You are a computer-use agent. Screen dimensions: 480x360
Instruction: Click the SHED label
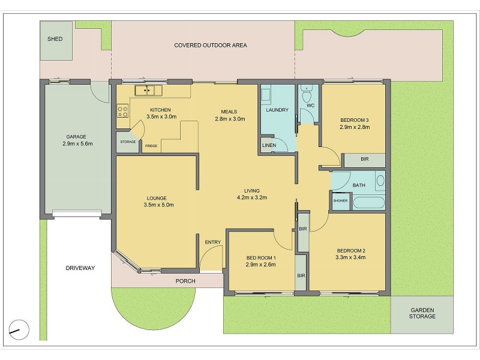(x=55, y=39)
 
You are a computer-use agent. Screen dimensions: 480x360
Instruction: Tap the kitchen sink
(x=148, y=91)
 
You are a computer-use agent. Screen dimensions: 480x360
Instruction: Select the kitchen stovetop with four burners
(x=123, y=111)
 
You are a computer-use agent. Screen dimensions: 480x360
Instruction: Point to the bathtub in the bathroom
(x=368, y=202)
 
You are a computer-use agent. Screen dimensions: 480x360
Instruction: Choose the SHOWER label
(x=340, y=201)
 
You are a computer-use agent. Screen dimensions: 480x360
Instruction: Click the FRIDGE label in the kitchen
(x=151, y=146)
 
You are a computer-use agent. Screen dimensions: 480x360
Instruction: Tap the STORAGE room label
(x=128, y=142)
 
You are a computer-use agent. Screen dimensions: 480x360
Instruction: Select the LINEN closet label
(x=269, y=145)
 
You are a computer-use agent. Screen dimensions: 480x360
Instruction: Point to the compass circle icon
(x=19, y=330)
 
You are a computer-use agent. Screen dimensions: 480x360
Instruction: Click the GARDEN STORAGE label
(x=422, y=313)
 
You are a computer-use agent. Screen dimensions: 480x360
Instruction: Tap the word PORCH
(x=185, y=281)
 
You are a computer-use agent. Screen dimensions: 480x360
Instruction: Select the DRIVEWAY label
(x=80, y=268)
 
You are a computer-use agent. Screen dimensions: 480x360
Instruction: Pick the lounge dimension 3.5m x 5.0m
(x=158, y=205)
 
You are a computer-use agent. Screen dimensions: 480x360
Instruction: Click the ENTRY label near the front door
(x=213, y=242)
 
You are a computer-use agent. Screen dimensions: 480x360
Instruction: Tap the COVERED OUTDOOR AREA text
(x=211, y=46)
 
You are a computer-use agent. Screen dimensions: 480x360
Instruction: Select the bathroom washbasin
(x=380, y=181)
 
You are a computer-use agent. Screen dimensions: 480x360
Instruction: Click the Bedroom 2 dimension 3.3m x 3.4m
(x=350, y=257)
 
